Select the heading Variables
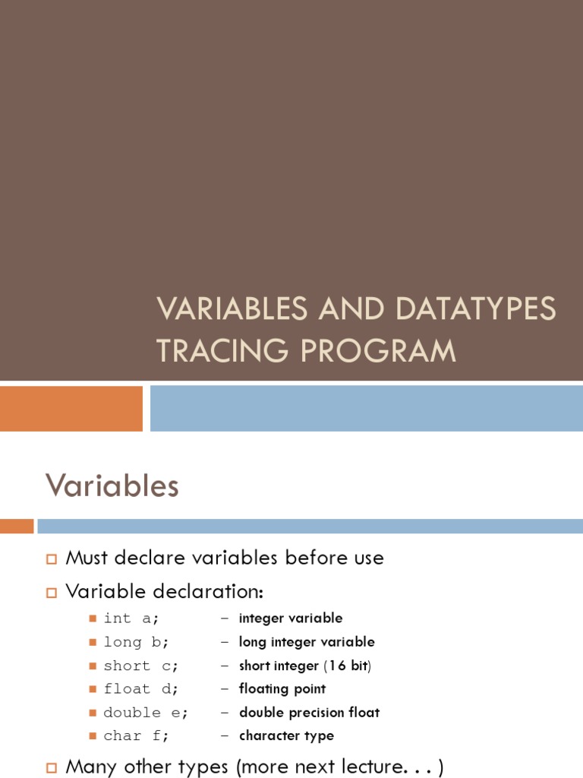(112, 485)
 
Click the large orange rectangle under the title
(71, 408)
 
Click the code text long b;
(134, 642)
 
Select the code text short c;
(141, 666)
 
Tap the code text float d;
(141, 689)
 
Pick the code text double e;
(146, 713)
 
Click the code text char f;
(137, 736)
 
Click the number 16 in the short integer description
(338, 666)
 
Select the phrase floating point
(282, 689)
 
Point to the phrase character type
(286, 736)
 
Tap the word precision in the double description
(309, 713)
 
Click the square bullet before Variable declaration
(52, 591)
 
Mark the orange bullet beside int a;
(93, 618)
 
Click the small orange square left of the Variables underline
(17, 526)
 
